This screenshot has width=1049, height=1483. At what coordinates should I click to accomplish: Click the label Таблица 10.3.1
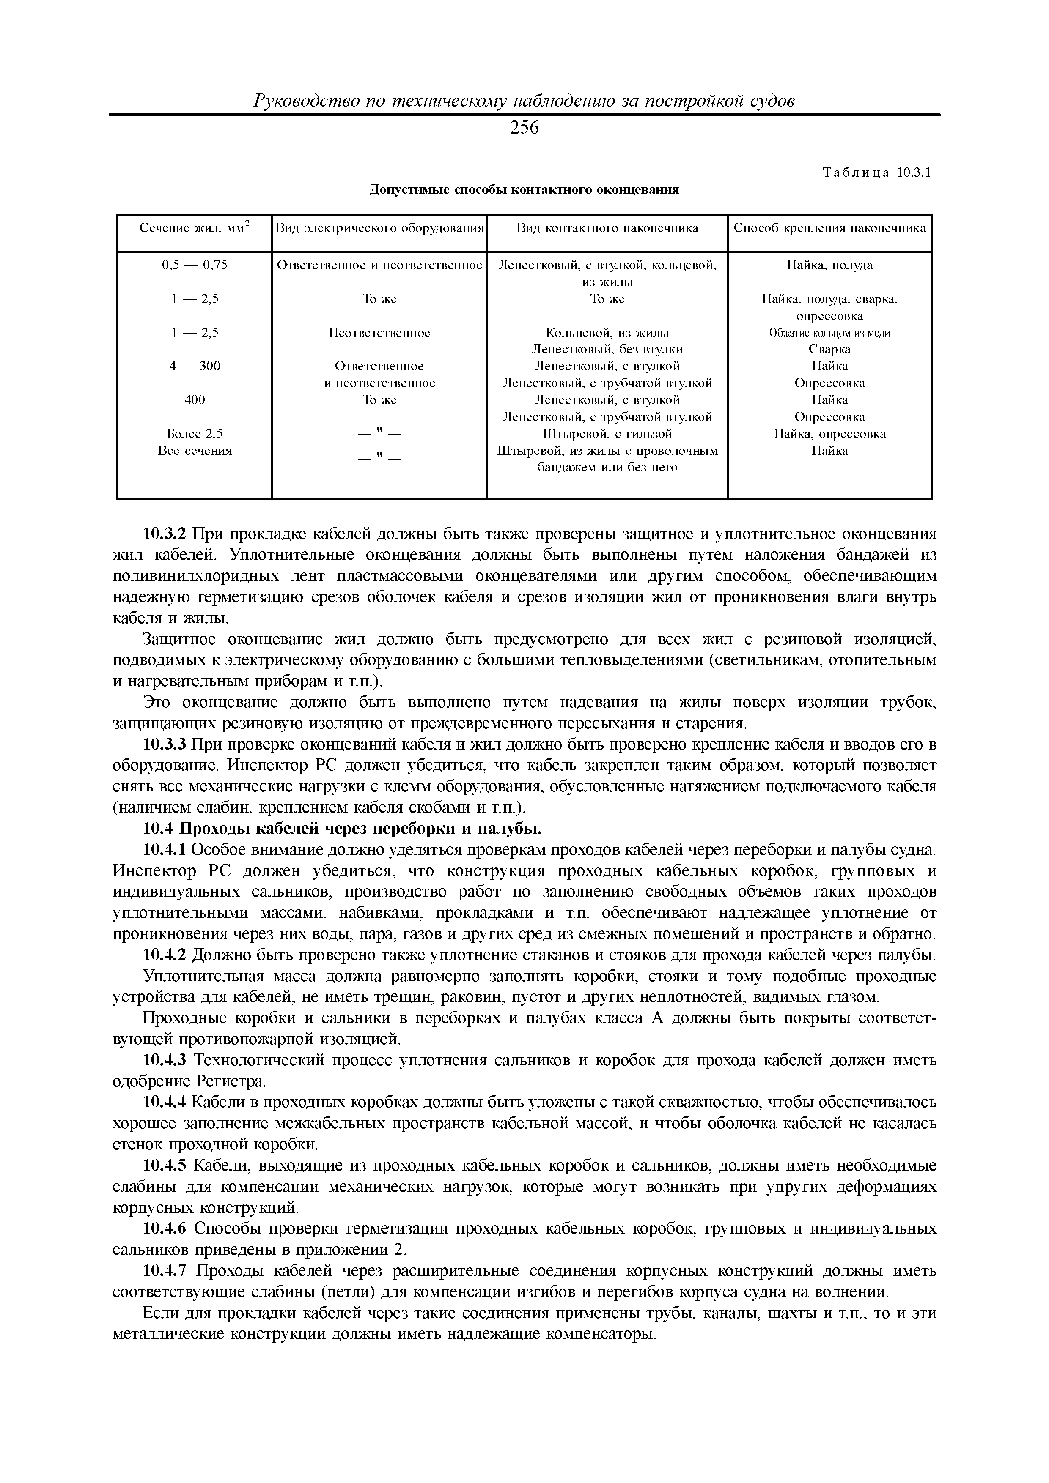876,173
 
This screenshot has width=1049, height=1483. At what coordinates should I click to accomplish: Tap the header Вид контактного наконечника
607,228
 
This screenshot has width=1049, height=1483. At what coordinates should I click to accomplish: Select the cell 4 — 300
195,366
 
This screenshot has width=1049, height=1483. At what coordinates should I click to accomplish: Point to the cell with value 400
195,400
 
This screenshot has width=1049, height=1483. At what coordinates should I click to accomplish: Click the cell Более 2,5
195,433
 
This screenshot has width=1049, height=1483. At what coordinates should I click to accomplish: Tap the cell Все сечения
195,450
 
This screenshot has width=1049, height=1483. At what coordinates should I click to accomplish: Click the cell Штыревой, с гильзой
607,433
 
